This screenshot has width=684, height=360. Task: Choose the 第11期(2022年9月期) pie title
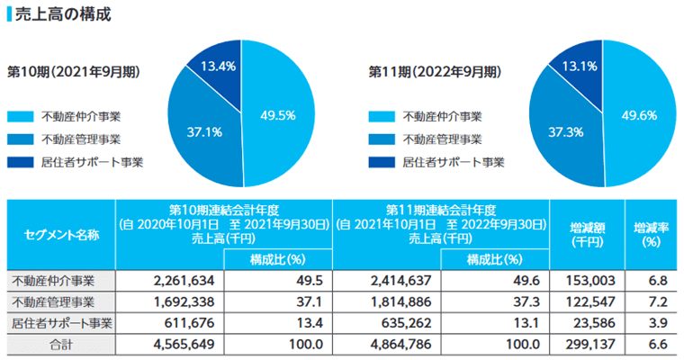435,71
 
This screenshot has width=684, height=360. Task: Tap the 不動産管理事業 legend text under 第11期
442,139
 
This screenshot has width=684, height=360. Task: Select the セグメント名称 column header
61,234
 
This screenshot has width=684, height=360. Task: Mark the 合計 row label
61,343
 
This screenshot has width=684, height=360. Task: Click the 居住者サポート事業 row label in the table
61,321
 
